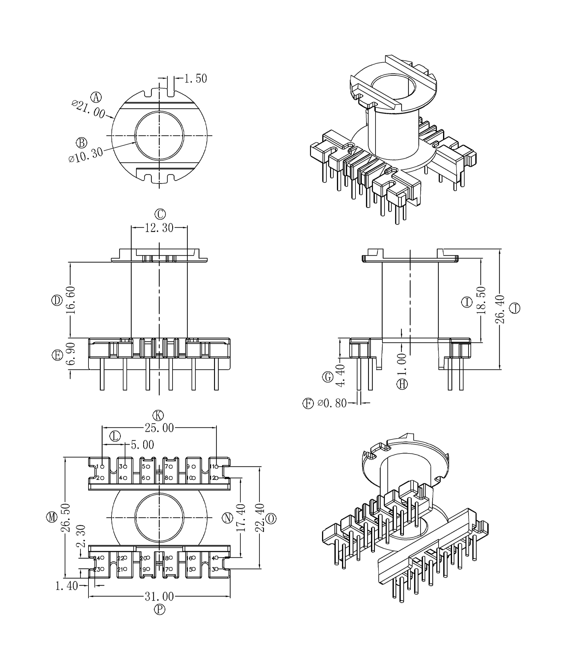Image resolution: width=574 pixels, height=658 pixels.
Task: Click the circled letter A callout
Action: (96, 97)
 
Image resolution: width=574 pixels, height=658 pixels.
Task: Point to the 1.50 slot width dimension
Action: (196, 79)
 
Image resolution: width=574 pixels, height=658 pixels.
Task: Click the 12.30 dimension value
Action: (159, 228)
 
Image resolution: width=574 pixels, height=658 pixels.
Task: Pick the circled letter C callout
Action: (160, 214)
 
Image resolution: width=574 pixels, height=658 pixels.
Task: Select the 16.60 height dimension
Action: (71, 300)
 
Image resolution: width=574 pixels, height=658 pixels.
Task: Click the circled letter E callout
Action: (57, 355)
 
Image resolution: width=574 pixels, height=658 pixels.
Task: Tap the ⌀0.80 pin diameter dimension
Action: (332, 403)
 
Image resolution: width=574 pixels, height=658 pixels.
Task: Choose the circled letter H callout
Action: (402, 384)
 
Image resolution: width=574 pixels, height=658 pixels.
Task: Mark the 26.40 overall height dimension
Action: (500, 309)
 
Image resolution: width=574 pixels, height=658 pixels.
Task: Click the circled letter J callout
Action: (515, 308)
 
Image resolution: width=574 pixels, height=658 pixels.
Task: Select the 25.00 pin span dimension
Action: (159, 428)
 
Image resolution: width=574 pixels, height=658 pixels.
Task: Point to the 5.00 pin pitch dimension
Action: (143, 445)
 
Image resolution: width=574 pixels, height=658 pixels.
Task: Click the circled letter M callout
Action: (52, 518)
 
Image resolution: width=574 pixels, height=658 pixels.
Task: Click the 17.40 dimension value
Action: (241, 518)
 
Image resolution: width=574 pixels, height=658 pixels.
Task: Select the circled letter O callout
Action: (271, 519)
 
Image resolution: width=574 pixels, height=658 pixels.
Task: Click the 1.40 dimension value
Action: (67, 586)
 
